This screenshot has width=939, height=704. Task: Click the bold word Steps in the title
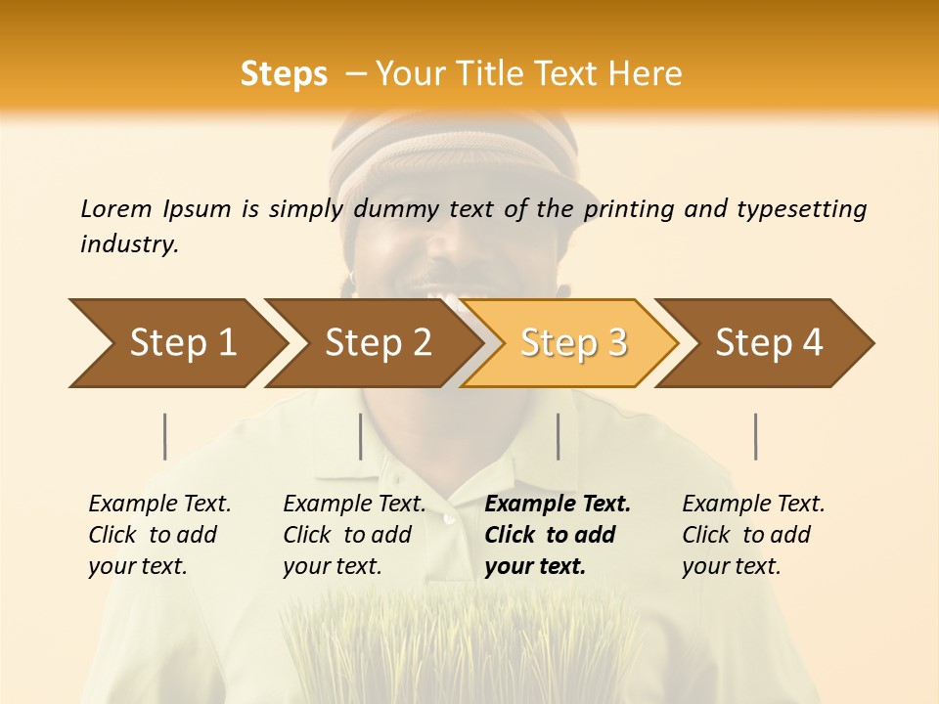click(x=284, y=74)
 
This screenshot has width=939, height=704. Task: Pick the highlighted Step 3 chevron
click(x=573, y=343)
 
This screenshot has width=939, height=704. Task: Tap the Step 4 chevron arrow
click(x=769, y=343)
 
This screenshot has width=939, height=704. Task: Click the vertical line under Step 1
click(x=165, y=436)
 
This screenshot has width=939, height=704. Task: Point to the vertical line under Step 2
click(x=361, y=436)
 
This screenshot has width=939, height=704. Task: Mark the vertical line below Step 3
click(x=559, y=436)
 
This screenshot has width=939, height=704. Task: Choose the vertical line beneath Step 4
click(x=756, y=436)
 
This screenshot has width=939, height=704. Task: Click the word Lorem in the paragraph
click(x=116, y=208)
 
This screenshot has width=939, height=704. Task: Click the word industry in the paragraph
click(x=128, y=244)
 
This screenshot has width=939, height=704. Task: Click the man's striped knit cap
click(x=460, y=156)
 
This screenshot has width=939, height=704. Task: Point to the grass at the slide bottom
click(x=460, y=645)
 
